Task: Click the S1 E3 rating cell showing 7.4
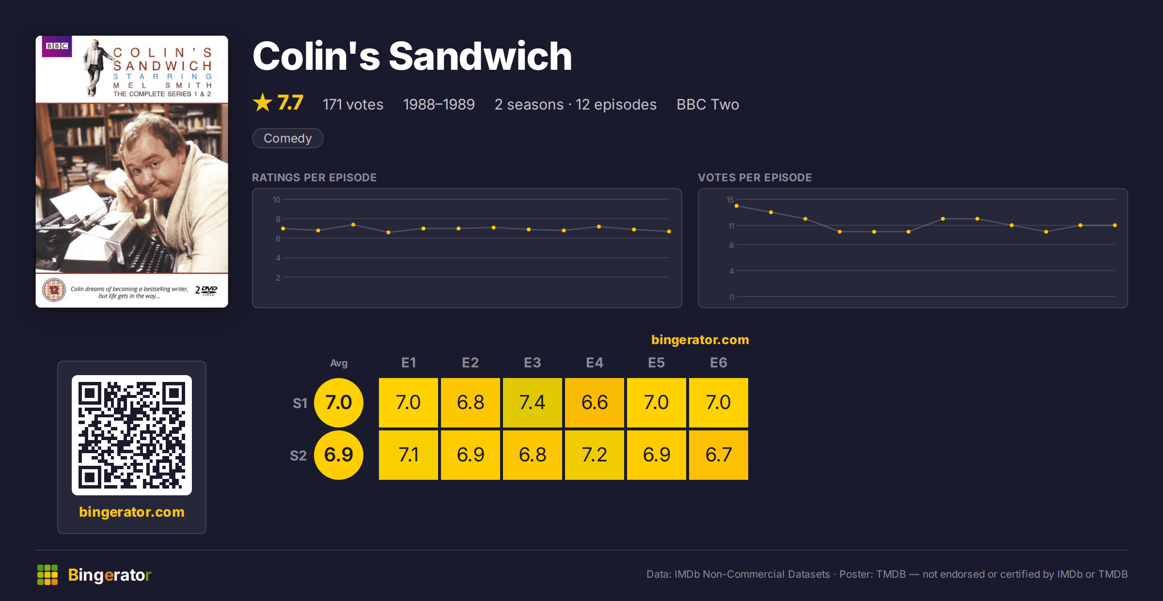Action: pos(532,402)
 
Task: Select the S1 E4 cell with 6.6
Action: pos(594,402)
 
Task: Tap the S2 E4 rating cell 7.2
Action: pos(594,455)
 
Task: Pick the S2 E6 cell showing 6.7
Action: pos(718,455)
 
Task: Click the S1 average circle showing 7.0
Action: pos(338,402)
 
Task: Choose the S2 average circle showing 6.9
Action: pos(338,455)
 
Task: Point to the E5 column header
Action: pos(656,363)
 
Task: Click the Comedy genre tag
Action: pos(287,138)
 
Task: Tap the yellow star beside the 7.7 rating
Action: pos(263,102)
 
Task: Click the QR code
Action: pos(132,435)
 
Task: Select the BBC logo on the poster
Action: pos(57,46)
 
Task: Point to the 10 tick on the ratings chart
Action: pos(276,200)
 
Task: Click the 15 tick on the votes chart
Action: pos(730,200)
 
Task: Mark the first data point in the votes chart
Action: pos(737,206)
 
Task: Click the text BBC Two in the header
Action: pos(707,104)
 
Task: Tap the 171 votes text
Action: pos(353,104)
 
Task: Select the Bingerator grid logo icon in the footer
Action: pos(47,575)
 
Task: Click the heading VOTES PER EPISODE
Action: pos(754,177)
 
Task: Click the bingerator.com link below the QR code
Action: pos(132,512)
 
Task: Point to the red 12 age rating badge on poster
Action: pos(54,290)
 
